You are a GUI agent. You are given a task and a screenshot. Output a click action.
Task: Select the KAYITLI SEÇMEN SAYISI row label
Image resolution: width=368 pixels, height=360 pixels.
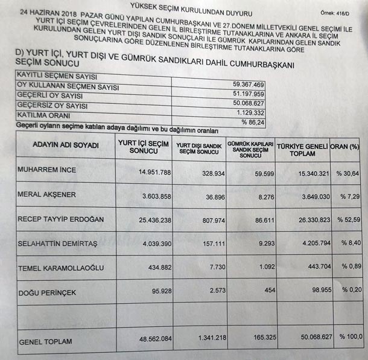pos(57,77)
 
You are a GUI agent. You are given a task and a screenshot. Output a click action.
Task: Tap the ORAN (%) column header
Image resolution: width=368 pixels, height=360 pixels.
pos(347,147)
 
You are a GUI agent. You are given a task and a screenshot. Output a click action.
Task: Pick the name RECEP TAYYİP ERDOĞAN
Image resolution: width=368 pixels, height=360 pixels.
pos(61,219)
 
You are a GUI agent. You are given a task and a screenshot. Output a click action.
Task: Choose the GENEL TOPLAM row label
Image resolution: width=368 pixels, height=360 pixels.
pos(45,341)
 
